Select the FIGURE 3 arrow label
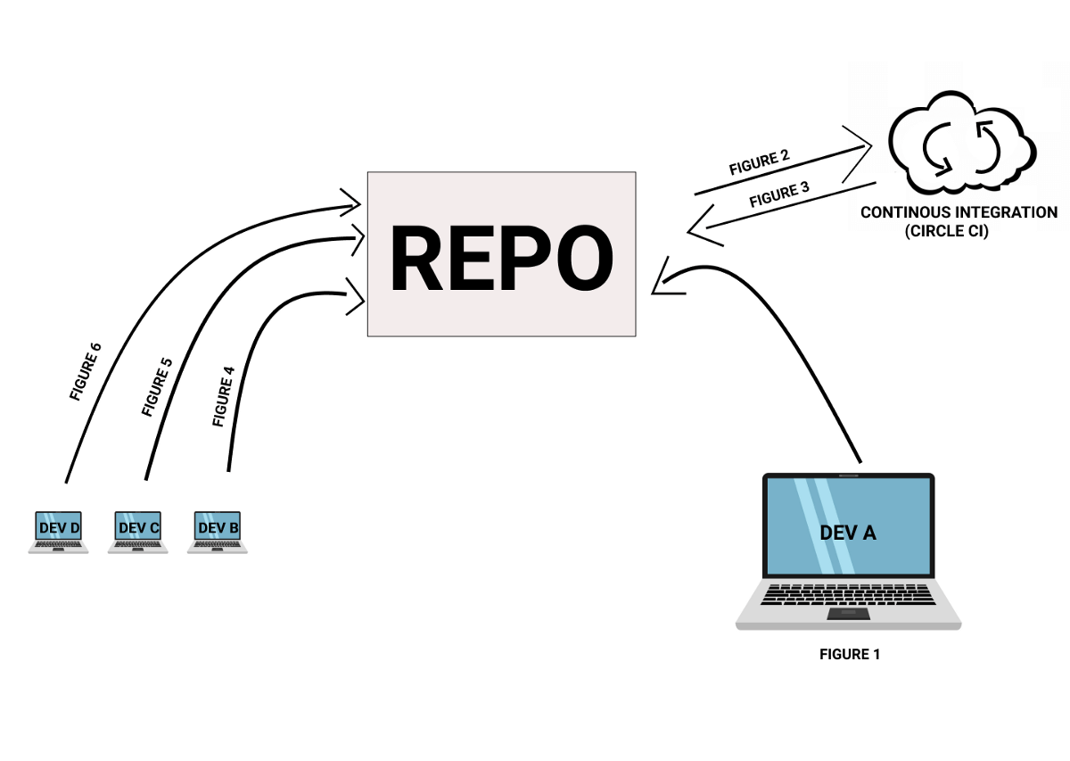click(x=779, y=194)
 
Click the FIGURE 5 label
click(x=156, y=385)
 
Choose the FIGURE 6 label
click(x=86, y=371)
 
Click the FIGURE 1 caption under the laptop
click(x=849, y=655)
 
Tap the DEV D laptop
click(x=59, y=532)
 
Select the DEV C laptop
click(x=138, y=532)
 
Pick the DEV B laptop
click(x=218, y=532)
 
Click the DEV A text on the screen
click(x=848, y=533)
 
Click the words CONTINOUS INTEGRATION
click(x=959, y=212)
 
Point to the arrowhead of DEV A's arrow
click(x=661, y=281)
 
